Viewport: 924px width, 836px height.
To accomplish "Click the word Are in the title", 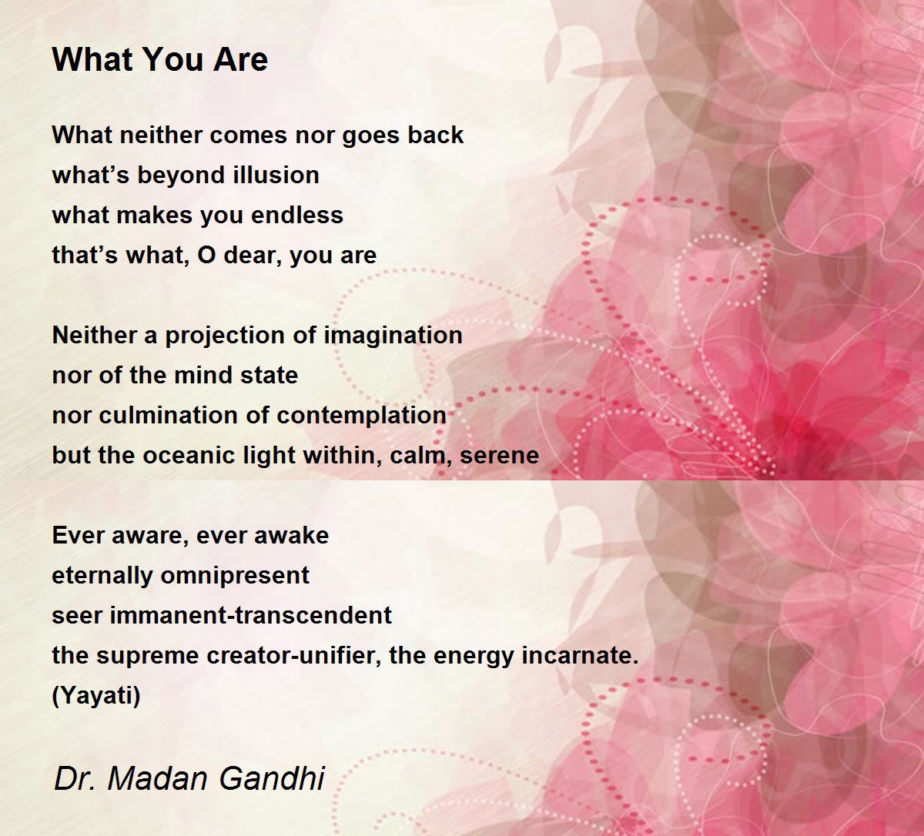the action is [x=240, y=60].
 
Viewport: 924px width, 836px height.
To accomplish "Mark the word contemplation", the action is [x=362, y=416].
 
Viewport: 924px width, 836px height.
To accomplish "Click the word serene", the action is [x=499, y=456].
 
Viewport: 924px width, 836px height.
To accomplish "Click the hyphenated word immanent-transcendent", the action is [x=251, y=615].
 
